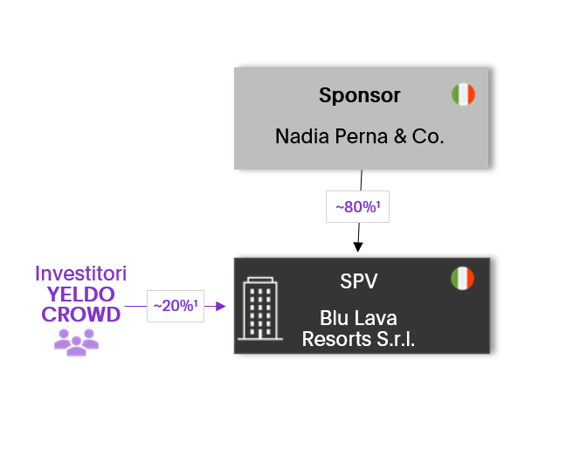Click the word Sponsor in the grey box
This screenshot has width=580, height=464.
(359, 95)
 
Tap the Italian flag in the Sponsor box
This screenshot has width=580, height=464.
(463, 94)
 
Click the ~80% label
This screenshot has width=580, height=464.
(357, 207)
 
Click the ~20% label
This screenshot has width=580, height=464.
(175, 306)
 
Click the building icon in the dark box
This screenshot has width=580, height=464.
(260, 309)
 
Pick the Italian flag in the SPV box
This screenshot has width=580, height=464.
(462, 279)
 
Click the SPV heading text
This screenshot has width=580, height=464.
(358, 281)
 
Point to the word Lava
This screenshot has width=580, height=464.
(376, 319)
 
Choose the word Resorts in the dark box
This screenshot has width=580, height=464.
(332, 339)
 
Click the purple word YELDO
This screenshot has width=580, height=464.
(80, 294)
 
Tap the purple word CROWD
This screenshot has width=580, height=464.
(80, 315)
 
